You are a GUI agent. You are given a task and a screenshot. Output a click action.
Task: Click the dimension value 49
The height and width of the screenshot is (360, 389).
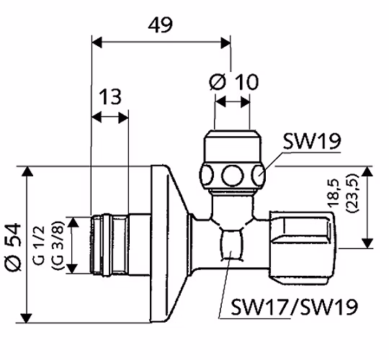point(160,25)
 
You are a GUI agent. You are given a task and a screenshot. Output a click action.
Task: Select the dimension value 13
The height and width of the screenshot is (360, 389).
point(110,96)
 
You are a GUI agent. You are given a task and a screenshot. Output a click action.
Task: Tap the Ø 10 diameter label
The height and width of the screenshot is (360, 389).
point(233,81)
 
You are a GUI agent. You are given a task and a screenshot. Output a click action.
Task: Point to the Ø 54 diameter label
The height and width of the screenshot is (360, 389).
point(13,247)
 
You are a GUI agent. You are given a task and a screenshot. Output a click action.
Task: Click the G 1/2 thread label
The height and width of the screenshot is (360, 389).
point(39,246)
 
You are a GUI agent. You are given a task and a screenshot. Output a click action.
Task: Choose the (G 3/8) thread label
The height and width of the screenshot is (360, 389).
point(58,246)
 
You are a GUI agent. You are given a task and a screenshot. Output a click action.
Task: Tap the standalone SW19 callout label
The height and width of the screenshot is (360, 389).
point(312,141)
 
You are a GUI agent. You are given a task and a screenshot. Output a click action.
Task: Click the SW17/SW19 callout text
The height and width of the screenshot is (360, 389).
point(295,307)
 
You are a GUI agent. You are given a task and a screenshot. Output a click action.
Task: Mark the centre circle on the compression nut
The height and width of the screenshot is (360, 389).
point(232,175)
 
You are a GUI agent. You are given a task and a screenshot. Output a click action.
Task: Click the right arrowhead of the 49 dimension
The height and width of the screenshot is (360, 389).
point(225,43)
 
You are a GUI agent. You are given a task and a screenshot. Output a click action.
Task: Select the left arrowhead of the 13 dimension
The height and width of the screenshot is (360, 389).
point(97,117)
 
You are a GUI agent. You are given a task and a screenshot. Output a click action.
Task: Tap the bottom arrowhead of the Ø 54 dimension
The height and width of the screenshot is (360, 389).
point(27,318)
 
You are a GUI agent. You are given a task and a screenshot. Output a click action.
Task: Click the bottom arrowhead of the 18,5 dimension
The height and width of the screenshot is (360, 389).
point(367,243)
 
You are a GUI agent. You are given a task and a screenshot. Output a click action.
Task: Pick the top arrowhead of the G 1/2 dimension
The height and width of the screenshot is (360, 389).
point(73,222)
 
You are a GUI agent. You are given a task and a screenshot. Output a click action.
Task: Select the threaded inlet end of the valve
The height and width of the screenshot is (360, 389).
point(109,245)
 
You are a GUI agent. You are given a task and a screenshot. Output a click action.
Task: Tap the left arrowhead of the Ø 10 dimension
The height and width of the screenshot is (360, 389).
point(220,102)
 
